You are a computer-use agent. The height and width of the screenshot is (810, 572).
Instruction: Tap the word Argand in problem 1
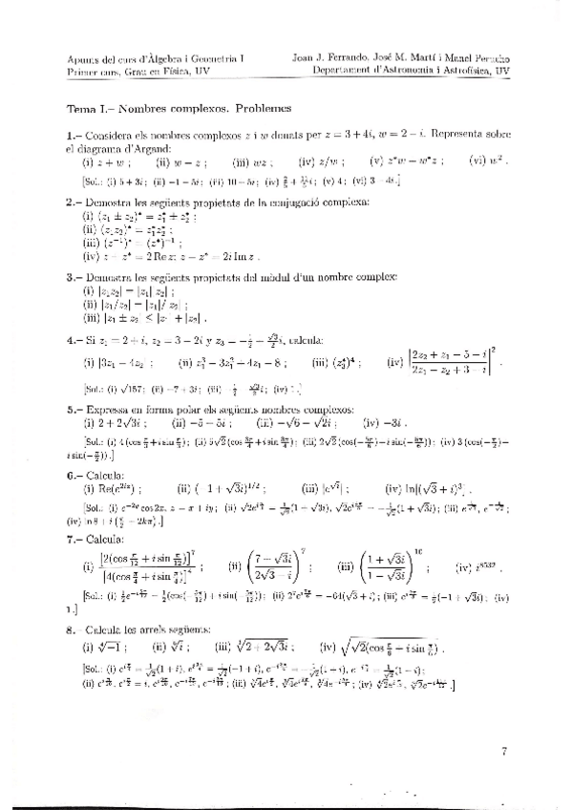(153, 149)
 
